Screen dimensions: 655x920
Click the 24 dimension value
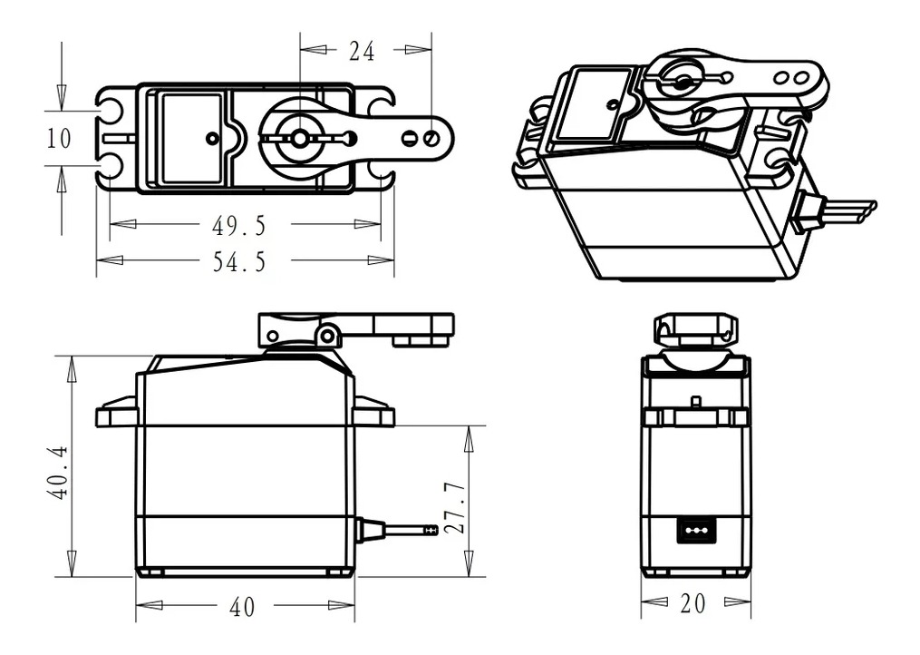[x=362, y=52]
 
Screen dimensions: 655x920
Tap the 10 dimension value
[x=59, y=139]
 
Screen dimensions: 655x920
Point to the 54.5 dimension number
[x=239, y=261]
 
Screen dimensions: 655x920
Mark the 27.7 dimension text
[x=456, y=506]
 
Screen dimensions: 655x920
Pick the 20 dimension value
[x=693, y=603]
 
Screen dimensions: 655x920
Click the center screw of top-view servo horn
[x=299, y=138]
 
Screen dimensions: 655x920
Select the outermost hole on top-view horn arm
[x=431, y=138]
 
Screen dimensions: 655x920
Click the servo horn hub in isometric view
[x=680, y=83]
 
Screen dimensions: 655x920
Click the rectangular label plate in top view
[x=191, y=137]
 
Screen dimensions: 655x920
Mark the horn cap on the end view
[x=695, y=328]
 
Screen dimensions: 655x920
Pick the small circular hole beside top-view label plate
[x=212, y=138]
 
